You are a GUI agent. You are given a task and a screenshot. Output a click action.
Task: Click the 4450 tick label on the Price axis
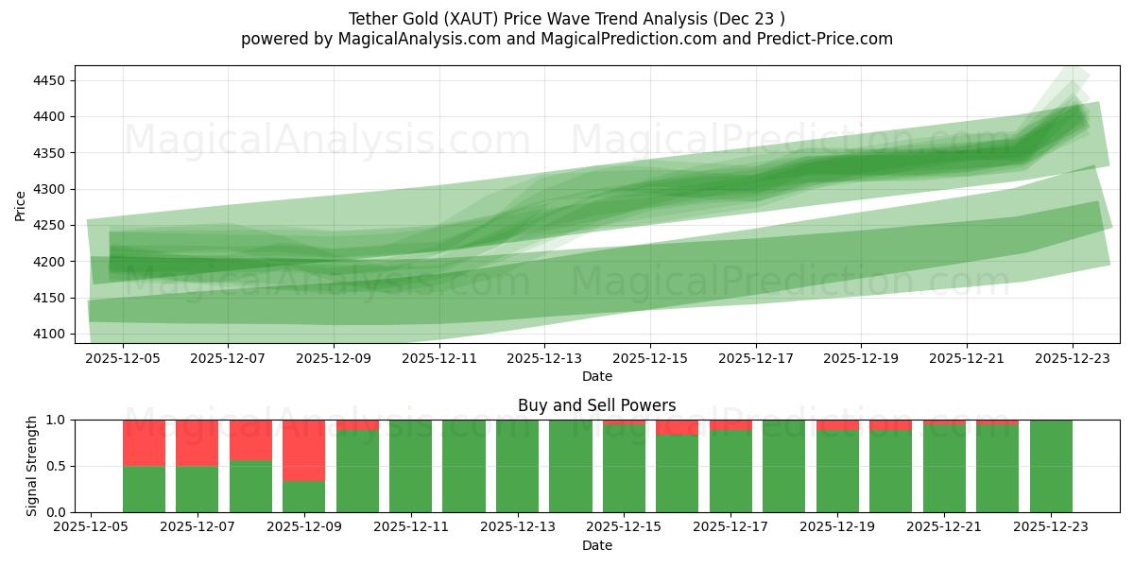[48, 80]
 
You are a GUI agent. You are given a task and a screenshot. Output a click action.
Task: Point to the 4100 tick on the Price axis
[48, 334]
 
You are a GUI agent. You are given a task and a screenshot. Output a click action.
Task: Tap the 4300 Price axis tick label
[48, 189]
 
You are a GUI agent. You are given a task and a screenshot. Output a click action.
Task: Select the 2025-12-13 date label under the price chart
[544, 359]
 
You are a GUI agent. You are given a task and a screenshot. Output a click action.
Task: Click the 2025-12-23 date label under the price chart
[1072, 359]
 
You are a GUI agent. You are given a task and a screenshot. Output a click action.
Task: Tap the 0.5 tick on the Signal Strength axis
[56, 466]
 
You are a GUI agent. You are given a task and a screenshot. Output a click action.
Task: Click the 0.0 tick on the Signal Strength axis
[56, 512]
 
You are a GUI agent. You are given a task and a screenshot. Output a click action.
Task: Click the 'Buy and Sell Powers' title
[596, 405]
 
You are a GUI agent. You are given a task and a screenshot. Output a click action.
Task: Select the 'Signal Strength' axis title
[32, 466]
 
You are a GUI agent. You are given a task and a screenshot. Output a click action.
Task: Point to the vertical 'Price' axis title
[21, 205]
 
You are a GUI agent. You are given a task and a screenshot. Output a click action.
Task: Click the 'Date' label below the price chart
[596, 376]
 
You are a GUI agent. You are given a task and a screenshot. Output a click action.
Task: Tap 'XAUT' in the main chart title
[459, 19]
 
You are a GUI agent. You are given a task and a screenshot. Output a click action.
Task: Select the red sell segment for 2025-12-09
[303, 450]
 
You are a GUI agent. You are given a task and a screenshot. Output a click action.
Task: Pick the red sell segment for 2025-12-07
[198, 442]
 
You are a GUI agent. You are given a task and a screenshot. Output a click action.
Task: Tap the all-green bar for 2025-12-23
[1051, 466]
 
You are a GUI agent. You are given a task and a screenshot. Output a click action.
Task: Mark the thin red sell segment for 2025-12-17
[730, 424]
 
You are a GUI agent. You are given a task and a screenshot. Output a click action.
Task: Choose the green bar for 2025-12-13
[517, 466]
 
